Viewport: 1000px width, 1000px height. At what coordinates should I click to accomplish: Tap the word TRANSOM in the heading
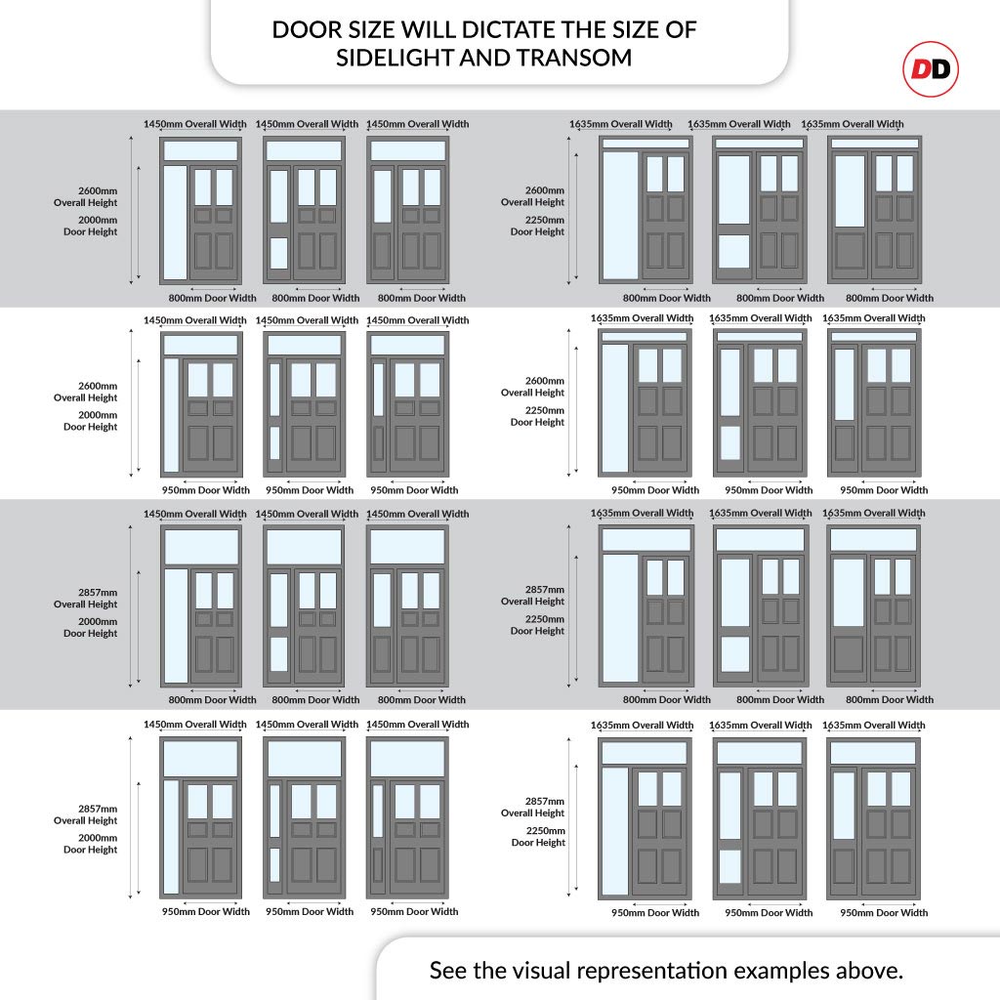coord(574,58)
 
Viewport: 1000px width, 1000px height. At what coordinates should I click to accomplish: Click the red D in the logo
coord(921,69)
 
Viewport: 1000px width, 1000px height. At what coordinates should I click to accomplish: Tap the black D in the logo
coord(941,69)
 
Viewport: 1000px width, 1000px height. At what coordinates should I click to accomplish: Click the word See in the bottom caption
coord(448,971)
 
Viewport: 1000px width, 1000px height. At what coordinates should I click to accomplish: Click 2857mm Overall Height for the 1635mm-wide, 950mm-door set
coord(532,807)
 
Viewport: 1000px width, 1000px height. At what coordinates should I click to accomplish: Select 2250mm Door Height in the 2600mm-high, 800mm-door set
coord(537,226)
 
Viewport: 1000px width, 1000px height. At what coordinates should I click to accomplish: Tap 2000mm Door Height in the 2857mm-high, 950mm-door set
coord(90,844)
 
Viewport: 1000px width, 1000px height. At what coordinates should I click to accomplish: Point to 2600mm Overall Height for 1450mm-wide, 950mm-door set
coord(86,392)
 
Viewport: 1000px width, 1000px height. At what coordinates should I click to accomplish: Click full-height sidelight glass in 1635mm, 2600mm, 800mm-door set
coord(620,216)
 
